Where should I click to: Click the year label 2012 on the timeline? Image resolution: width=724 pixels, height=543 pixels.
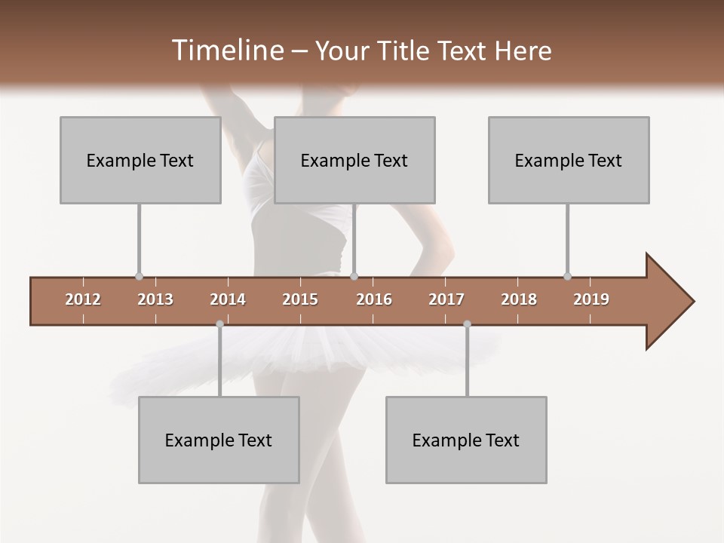coord(83,299)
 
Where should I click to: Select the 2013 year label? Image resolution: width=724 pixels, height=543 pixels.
coord(155,299)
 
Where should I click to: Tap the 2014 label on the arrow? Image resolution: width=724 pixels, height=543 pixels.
coord(228,299)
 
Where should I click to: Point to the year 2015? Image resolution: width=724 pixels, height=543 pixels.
coord(300,299)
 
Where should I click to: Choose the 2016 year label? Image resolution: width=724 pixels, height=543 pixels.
coord(374,299)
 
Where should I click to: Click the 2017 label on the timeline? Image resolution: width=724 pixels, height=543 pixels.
coord(446,299)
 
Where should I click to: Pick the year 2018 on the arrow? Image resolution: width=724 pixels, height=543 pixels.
coord(519,299)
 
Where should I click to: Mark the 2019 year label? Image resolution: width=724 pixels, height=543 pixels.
coord(591,299)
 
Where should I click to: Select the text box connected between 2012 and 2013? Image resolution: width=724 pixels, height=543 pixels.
coord(140,160)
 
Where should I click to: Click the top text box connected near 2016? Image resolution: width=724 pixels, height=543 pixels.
coord(354,160)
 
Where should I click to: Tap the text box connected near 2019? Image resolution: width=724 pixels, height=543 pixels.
coord(569,160)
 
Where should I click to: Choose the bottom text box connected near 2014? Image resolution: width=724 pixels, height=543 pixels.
coord(219,440)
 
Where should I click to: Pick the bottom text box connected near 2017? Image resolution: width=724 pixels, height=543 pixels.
coord(466,440)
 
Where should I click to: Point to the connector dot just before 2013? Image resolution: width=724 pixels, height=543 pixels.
coord(139,276)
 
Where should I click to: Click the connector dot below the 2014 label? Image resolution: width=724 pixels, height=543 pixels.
coord(219,324)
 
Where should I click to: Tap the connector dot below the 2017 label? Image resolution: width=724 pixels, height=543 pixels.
coord(467,324)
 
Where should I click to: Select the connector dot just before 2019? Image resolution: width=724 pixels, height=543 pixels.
coord(567,276)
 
